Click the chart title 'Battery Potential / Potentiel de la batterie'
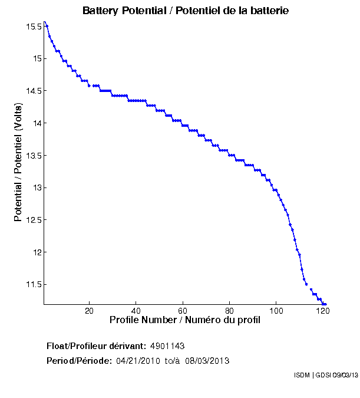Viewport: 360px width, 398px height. pos(186,11)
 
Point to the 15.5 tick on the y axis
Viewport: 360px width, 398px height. pos(34,27)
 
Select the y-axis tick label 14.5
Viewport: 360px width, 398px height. pos(34,91)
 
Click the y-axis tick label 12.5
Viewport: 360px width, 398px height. pos(34,220)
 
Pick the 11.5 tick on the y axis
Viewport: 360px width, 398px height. pos(34,284)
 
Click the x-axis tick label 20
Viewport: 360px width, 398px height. pos(89,311)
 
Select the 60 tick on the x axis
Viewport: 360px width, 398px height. pos(183,311)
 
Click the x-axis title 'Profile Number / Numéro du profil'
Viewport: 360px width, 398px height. pos(185,320)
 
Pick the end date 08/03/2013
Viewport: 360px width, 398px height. pos(207,360)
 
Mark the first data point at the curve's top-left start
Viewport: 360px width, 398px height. pos(47,25)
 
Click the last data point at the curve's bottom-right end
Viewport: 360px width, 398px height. pos(325,304)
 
